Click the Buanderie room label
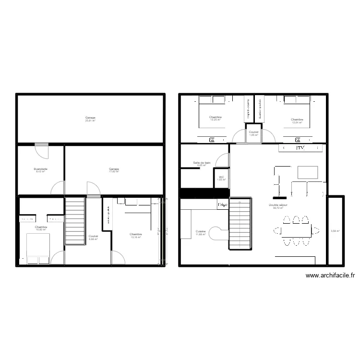(x=41, y=170)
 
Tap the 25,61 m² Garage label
(x=90, y=119)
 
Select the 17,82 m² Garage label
(x=114, y=170)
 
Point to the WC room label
(x=221, y=178)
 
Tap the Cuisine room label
(x=200, y=232)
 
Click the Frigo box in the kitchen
(x=222, y=205)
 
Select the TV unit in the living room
(x=300, y=149)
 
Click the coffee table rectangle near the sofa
(x=308, y=172)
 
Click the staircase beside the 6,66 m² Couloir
(x=74, y=221)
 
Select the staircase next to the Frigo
(x=240, y=224)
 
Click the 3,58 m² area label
(x=335, y=231)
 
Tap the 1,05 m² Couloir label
(x=254, y=133)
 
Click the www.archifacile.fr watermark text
(x=330, y=276)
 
